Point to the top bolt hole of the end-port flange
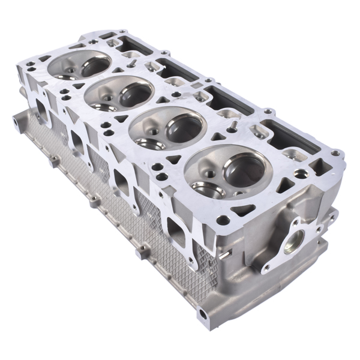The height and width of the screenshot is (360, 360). coord(296,221)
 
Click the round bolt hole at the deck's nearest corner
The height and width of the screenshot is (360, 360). coord(223,220)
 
